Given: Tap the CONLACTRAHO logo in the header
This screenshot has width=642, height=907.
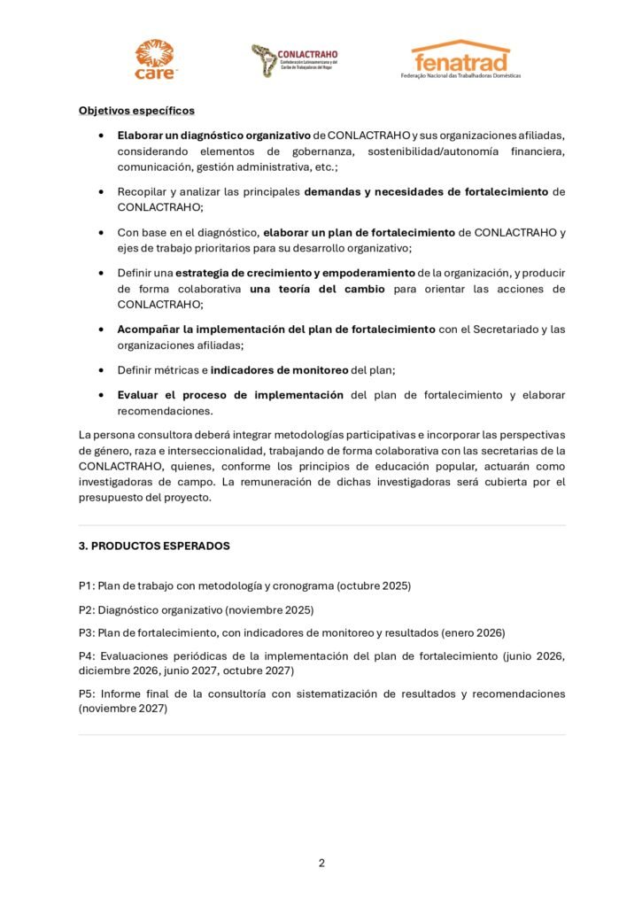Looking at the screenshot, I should click(294, 59).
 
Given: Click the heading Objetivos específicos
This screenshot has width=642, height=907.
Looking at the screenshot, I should click(136, 111).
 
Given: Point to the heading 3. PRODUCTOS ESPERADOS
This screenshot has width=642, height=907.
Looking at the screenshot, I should click(154, 546).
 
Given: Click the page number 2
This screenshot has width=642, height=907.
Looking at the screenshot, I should click(321, 863).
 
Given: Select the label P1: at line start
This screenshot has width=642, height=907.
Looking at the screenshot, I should click(87, 585).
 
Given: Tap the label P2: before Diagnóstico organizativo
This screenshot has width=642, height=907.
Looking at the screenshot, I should click(87, 609).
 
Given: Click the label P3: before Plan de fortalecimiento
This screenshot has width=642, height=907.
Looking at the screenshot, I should click(87, 632).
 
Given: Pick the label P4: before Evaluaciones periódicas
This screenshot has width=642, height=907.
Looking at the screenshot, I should click(87, 656).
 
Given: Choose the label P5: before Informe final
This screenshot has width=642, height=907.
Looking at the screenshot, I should click(87, 694).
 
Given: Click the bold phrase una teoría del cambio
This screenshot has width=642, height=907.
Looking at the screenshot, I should click(311, 289).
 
